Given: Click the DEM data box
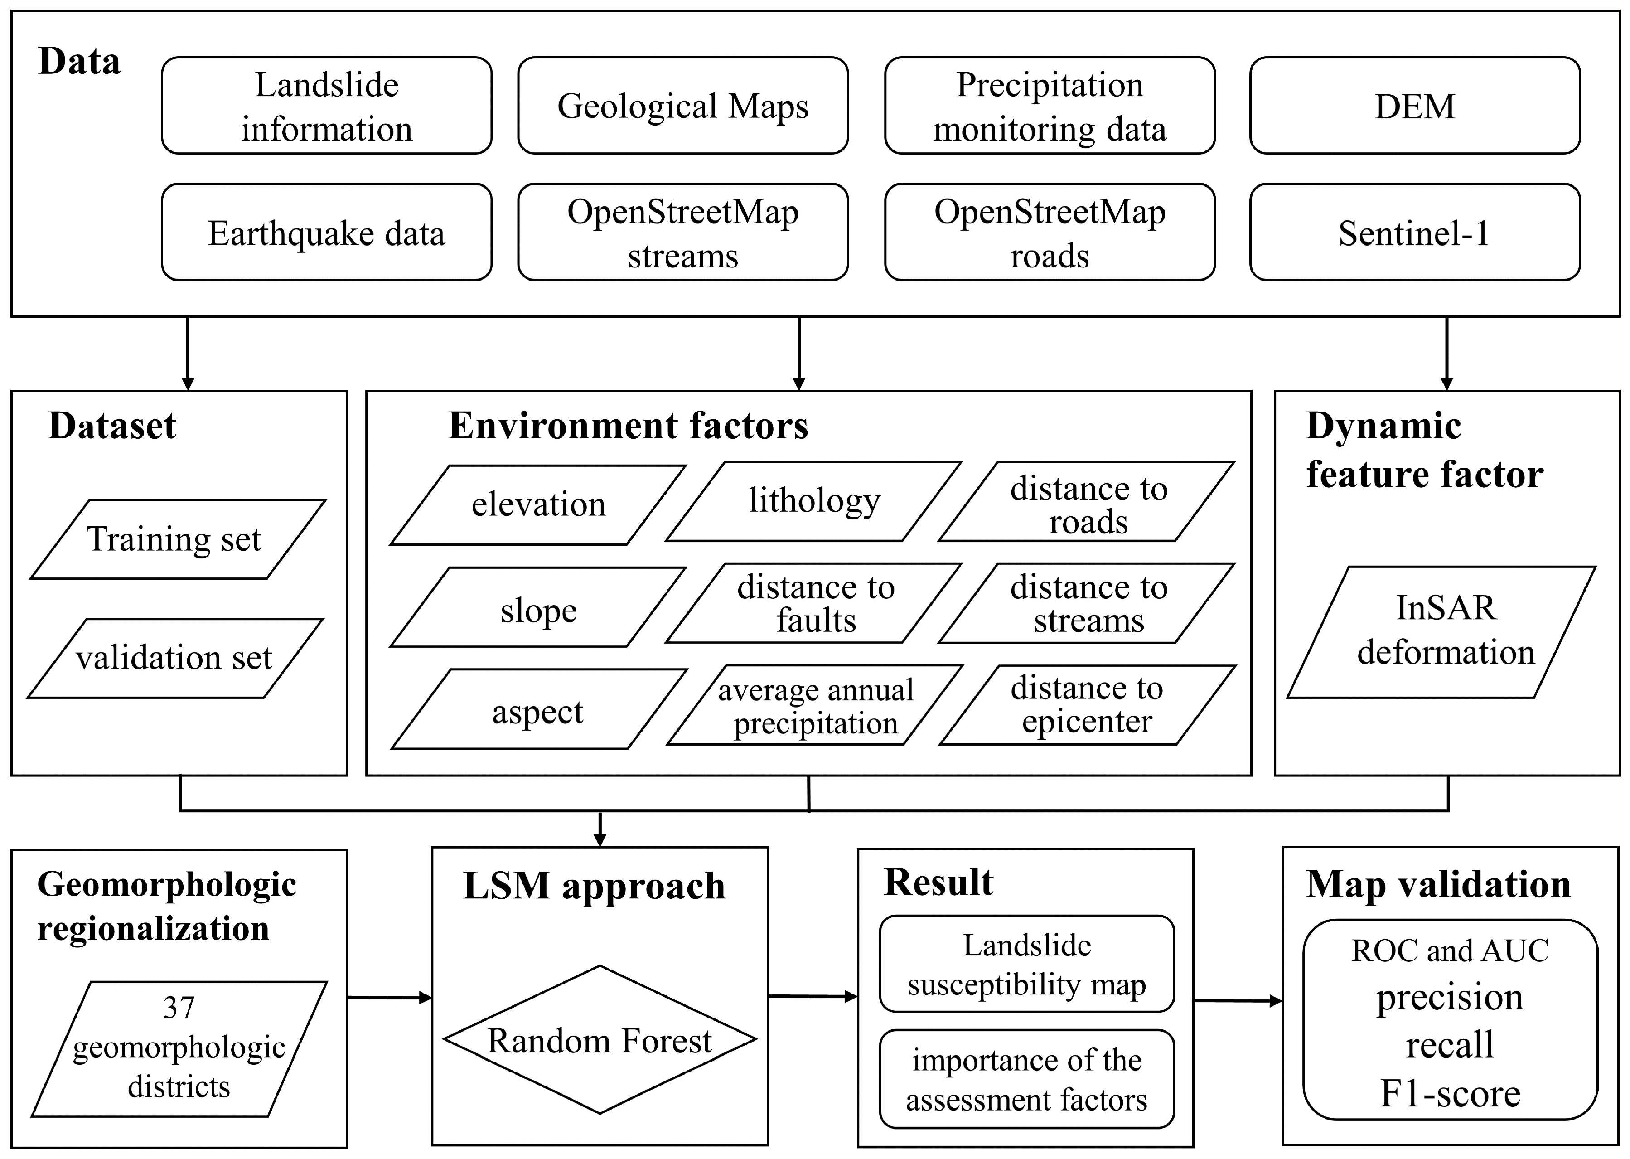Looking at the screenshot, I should click(x=1415, y=106).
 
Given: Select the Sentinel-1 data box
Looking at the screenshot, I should click(x=1415, y=233).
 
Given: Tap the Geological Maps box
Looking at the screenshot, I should click(x=682, y=106).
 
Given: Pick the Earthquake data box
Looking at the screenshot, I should click(x=326, y=233).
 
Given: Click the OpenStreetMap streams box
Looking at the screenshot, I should click(x=682, y=233).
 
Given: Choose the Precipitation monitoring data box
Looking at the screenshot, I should click(x=1050, y=106).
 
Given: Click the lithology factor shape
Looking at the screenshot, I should click(x=814, y=501).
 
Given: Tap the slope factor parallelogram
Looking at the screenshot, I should click(x=538, y=607).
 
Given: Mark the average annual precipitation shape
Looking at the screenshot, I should click(x=815, y=705).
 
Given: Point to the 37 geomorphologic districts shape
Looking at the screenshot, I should click(x=179, y=1048).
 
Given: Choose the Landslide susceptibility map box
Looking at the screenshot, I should click(x=1026, y=964).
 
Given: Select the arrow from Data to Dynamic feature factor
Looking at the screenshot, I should click(x=1446, y=353).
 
